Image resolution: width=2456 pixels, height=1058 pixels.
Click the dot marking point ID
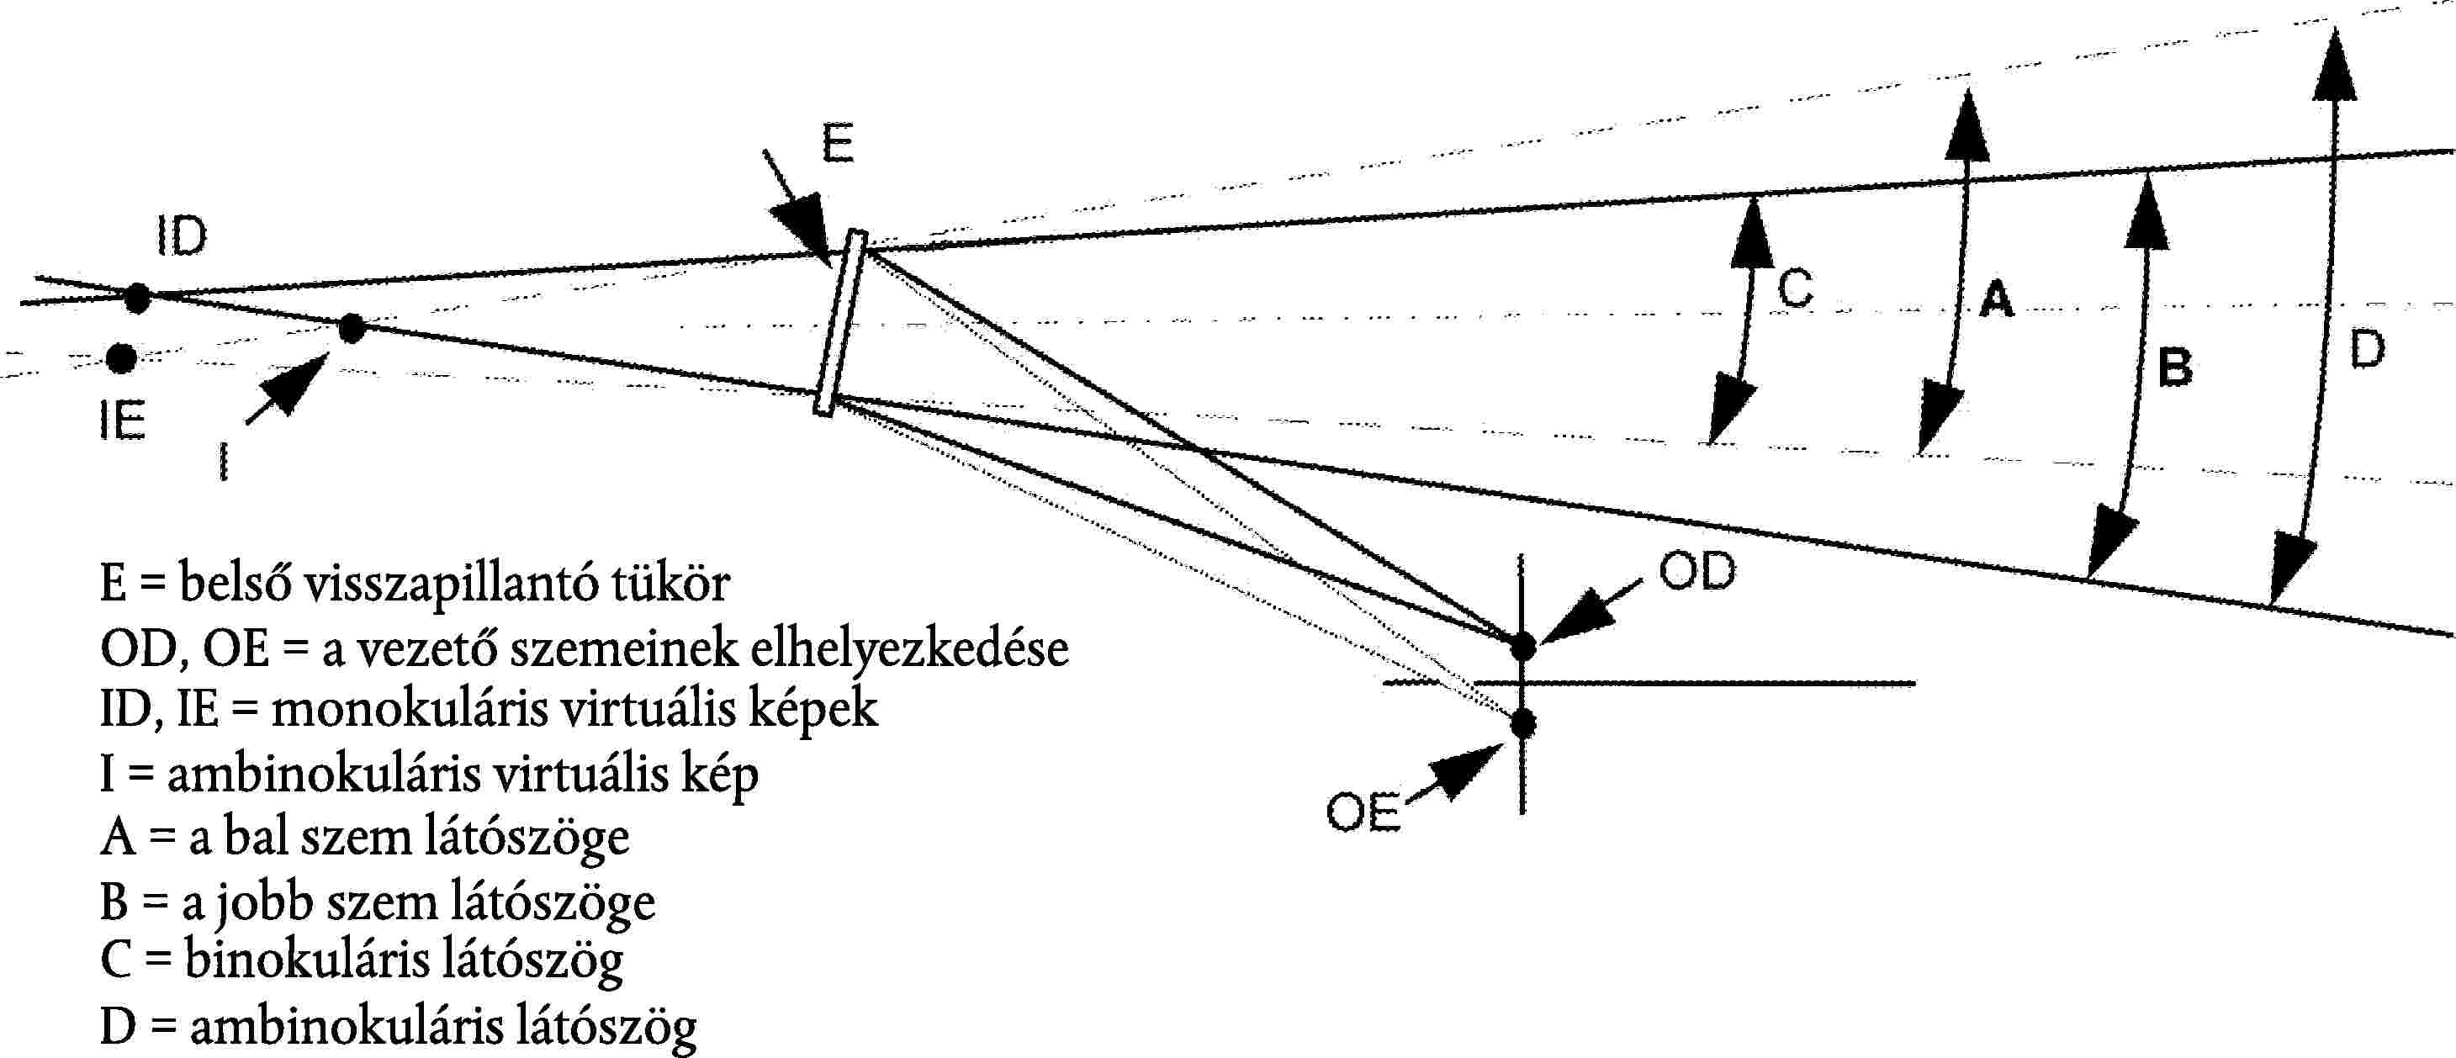(137, 299)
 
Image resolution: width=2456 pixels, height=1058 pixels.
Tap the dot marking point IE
(121, 358)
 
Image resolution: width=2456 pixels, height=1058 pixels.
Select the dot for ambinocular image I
(352, 328)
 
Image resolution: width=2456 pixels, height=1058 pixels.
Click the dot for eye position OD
(1522, 646)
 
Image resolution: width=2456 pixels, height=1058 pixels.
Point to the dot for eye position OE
(1522, 723)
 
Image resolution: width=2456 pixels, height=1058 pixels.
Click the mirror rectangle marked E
(840, 323)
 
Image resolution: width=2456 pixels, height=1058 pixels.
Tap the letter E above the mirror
(838, 144)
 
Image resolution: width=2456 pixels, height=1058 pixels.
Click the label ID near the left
(181, 235)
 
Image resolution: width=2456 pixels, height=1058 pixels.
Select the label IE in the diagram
(123, 421)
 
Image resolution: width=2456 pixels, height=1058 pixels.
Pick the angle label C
(1795, 287)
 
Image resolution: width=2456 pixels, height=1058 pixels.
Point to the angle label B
(2175, 367)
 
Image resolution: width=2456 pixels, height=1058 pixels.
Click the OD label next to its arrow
(1697, 572)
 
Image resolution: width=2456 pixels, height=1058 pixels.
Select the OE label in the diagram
(1363, 813)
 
